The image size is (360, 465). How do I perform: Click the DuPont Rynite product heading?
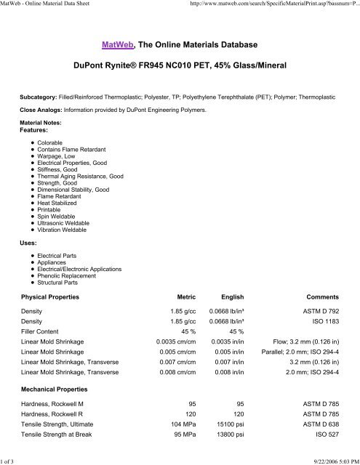pyautogui.click(x=180, y=66)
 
